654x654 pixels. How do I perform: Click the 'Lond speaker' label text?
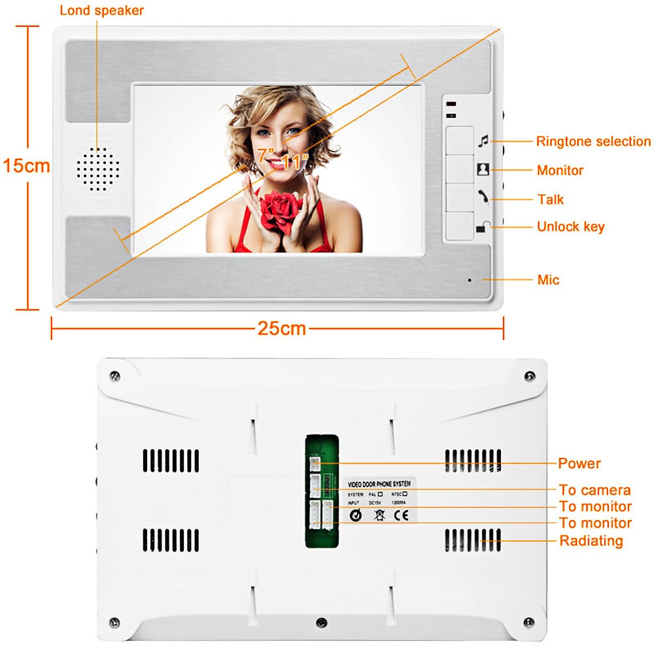coord(101,10)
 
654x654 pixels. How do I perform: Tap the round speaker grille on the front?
coord(99,168)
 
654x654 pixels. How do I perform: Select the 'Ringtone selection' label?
coord(593,141)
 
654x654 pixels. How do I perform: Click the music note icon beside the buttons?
coord(483,140)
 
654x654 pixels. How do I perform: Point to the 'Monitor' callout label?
coord(560,170)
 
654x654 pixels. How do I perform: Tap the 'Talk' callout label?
coord(550,199)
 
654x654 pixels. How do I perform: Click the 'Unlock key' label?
coord(570,227)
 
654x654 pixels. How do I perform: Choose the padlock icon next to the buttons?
coord(483,228)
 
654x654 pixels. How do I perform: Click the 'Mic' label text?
coord(548,280)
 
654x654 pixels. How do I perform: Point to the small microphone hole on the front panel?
coord(469,280)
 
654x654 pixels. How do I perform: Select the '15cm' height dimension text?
coord(26,165)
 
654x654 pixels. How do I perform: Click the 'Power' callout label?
coord(579,464)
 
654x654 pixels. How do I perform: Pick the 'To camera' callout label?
coord(594,490)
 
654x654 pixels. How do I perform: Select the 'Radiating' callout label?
coord(591,541)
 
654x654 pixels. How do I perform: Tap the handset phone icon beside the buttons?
coord(483,196)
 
